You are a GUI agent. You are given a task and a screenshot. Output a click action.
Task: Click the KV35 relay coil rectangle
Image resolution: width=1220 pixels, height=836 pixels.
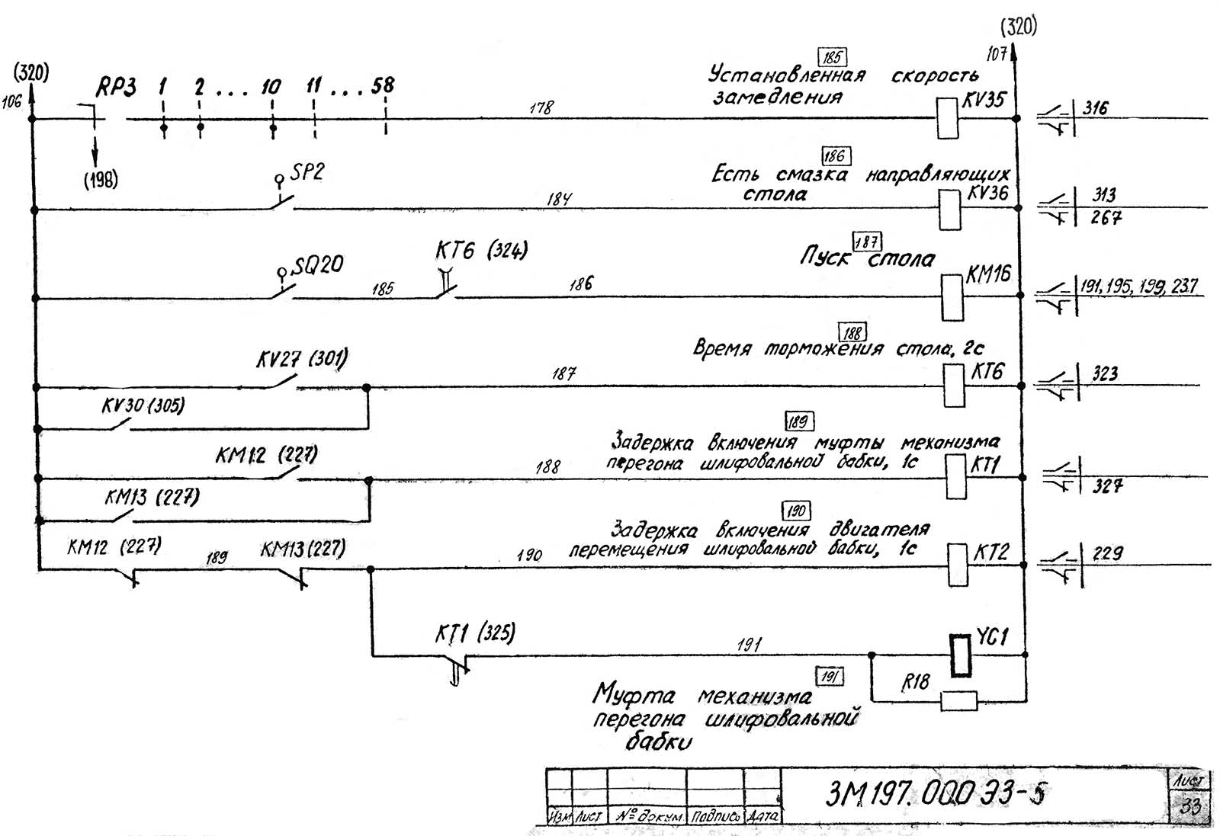[x=947, y=118]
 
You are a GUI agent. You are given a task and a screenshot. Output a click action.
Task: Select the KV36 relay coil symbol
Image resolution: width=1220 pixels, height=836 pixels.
[x=949, y=208]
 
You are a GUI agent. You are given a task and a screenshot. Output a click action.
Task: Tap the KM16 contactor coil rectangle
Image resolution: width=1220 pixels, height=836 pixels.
[x=952, y=297]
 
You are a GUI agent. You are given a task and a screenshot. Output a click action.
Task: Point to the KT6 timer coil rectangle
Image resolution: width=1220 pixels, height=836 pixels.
[x=953, y=386]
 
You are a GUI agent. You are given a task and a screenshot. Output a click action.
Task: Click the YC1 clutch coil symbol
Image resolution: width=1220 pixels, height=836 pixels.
[x=961, y=655]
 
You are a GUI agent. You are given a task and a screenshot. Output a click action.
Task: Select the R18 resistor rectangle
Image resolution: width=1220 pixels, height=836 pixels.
[x=958, y=700]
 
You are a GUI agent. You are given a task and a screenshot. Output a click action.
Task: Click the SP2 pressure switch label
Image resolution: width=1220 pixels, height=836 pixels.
[x=307, y=172]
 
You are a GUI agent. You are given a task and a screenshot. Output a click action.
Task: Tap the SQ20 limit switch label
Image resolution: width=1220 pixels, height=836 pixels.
[x=319, y=265]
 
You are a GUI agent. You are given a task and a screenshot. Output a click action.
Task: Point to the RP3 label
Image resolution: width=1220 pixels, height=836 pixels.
[x=116, y=88]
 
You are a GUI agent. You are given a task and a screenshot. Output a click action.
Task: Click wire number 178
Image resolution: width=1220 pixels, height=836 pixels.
[x=541, y=108]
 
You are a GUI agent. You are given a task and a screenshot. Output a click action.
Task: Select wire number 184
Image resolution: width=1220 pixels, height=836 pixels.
[x=559, y=199]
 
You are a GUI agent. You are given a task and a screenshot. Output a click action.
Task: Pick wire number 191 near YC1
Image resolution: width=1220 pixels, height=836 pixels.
[x=749, y=645]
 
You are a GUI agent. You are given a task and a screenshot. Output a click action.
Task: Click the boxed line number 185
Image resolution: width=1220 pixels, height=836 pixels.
[x=832, y=57]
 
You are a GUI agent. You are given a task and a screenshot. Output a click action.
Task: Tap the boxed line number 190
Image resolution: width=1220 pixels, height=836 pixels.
[x=795, y=511]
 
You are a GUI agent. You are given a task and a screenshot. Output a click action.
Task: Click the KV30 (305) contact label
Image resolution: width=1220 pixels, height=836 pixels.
[x=143, y=405]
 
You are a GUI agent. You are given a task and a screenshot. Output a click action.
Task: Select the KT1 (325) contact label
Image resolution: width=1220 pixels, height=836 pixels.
[x=475, y=633]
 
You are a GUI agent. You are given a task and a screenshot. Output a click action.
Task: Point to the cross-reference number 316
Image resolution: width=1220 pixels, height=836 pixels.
[x=1096, y=108]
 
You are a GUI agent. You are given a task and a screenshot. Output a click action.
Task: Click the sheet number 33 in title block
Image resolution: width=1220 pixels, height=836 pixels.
[x=1189, y=806]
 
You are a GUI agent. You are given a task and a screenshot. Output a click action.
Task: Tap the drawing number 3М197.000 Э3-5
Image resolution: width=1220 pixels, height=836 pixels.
[x=936, y=794]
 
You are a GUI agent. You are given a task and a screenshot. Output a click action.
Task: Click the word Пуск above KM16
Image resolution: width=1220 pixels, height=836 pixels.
[x=824, y=256]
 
